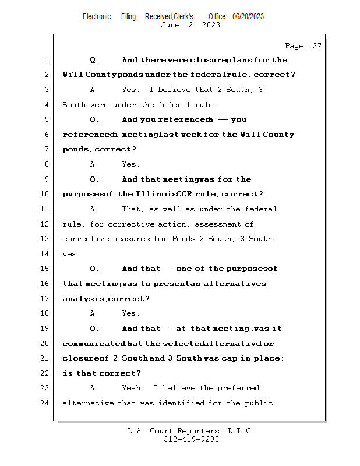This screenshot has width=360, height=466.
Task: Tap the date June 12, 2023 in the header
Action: pyautogui.click(x=190, y=25)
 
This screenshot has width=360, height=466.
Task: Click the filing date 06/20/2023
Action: pyautogui.click(x=248, y=17)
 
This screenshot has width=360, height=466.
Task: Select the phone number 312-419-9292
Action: pyautogui.click(x=190, y=439)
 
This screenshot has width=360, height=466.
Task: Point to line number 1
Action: pyautogui.click(x=46, y=60)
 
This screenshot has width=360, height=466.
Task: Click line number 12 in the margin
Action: pyautogui.click(x=45, y=224)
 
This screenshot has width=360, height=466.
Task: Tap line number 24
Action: pyautogui.click(x=45, y=403)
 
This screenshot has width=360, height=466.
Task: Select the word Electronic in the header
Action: pyautogui.click(x=97, y=17)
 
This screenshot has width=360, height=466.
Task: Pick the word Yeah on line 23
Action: pyautogui.click(x=132, y=388)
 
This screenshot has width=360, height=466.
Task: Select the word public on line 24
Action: pyautogui.click(x=259, y=403)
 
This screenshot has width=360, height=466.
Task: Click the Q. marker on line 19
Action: pyautogui.click(x=95, y=329)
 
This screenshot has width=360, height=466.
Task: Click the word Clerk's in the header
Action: pyautogui.click(x=181, y=17)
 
